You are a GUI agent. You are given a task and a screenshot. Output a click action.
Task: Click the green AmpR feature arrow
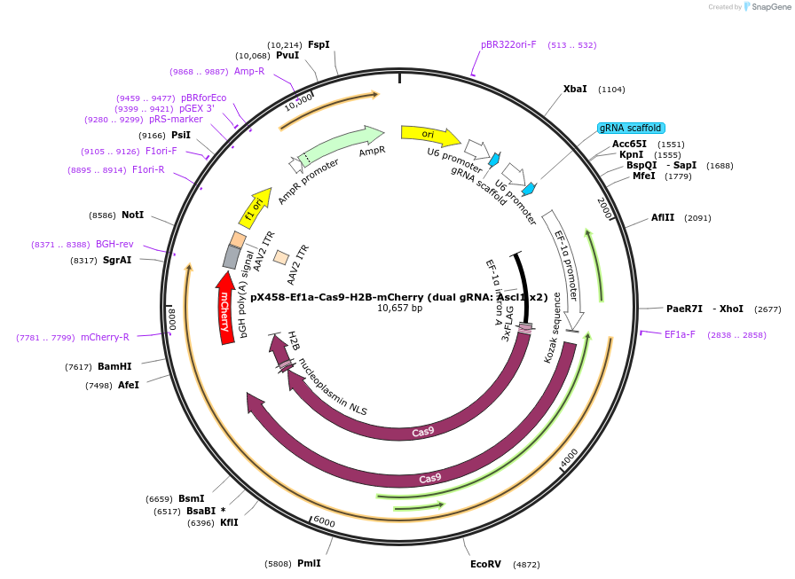tap(341, 143)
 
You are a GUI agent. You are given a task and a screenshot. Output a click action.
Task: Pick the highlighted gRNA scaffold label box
tap(630, 128)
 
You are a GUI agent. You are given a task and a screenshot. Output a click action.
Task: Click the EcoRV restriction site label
tap(485, 564)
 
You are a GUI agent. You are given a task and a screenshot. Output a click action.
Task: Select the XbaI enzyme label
tap(575, 89)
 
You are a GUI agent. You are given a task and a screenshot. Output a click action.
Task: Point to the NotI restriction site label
tap(133, 215)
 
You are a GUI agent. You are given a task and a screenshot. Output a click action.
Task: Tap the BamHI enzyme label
tap(114, 366)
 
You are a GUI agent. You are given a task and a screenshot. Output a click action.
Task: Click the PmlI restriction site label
tap(309, 563)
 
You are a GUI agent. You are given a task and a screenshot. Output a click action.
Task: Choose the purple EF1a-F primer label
tap(680, 334)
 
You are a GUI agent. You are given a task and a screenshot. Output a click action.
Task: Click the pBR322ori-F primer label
tap(508, 44)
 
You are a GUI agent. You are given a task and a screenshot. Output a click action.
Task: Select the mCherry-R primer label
tap(105, 337)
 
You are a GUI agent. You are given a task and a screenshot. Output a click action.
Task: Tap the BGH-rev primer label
tap(114, 244)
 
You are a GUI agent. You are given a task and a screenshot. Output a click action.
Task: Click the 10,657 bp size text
tap(399, 309)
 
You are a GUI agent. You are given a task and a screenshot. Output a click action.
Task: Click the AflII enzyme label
tap(663, 217)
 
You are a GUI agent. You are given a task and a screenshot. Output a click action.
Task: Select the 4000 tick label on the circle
tap(569, 458)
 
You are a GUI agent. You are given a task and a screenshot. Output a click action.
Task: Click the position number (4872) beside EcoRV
tap(526, 564)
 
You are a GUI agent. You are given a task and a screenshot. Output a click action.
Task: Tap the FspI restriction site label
tap(319, 44)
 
